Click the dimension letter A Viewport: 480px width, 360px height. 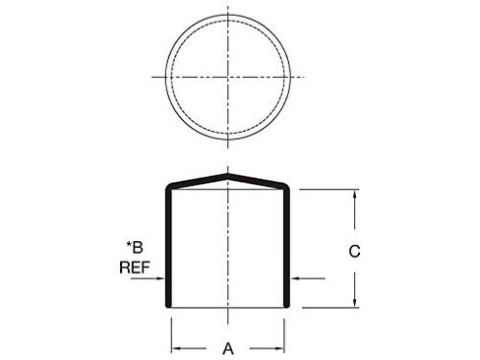coord(229,347)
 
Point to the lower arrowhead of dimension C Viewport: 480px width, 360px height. coord(354,304)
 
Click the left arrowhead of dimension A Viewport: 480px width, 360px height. coord(177,347)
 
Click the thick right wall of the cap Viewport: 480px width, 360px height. coord(287,246)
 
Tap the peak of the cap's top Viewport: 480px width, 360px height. coord(228,176)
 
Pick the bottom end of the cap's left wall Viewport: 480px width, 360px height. coord(168,306)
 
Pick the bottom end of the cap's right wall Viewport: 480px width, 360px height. coord(287,306)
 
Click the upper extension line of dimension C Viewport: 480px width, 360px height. coord(325,189)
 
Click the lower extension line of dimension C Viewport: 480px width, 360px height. coord(325,308)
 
